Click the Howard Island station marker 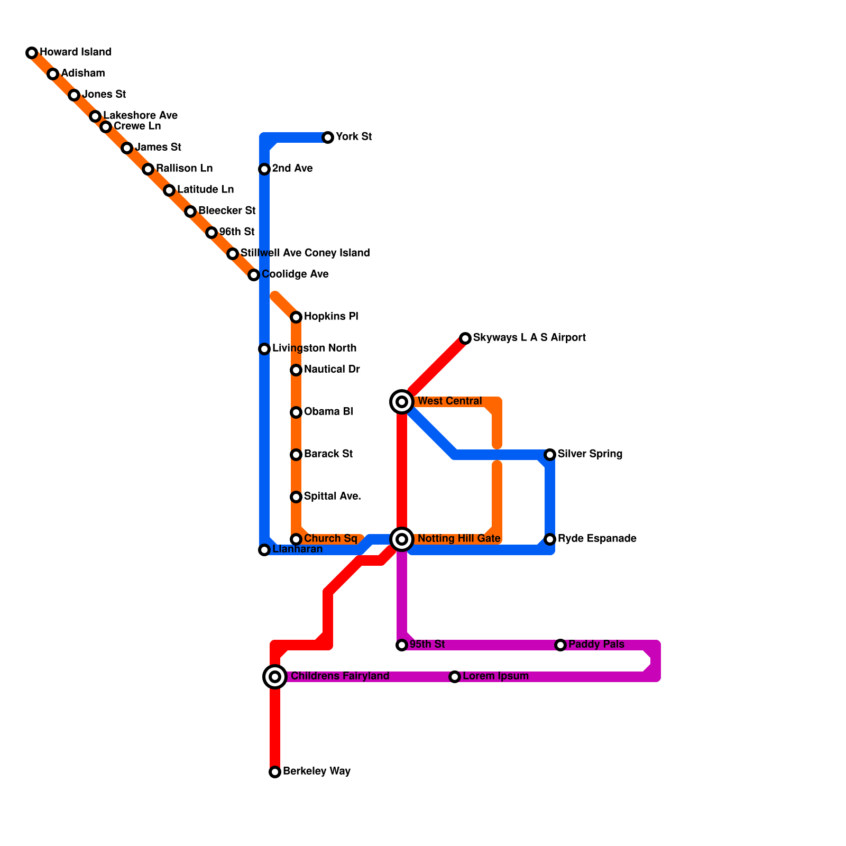[32, 53]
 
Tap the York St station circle [328, 137]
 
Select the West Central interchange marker [402, 402]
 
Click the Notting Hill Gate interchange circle [402, 539]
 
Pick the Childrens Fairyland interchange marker [275, 677]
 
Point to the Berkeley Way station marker [275, 772]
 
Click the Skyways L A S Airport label [529, 338]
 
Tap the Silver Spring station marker [550, 455]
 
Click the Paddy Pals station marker [560, 645]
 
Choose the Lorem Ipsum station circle [455, 677]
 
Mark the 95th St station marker [402, 645]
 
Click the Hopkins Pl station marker [296, 317]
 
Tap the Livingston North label [314, 348]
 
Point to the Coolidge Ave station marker [254, 275]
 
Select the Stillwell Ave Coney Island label [305, 253]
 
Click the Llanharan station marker [264, 550]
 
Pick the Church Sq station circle [296, 539]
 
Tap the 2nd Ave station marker [264, 169]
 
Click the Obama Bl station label [328, 412]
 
